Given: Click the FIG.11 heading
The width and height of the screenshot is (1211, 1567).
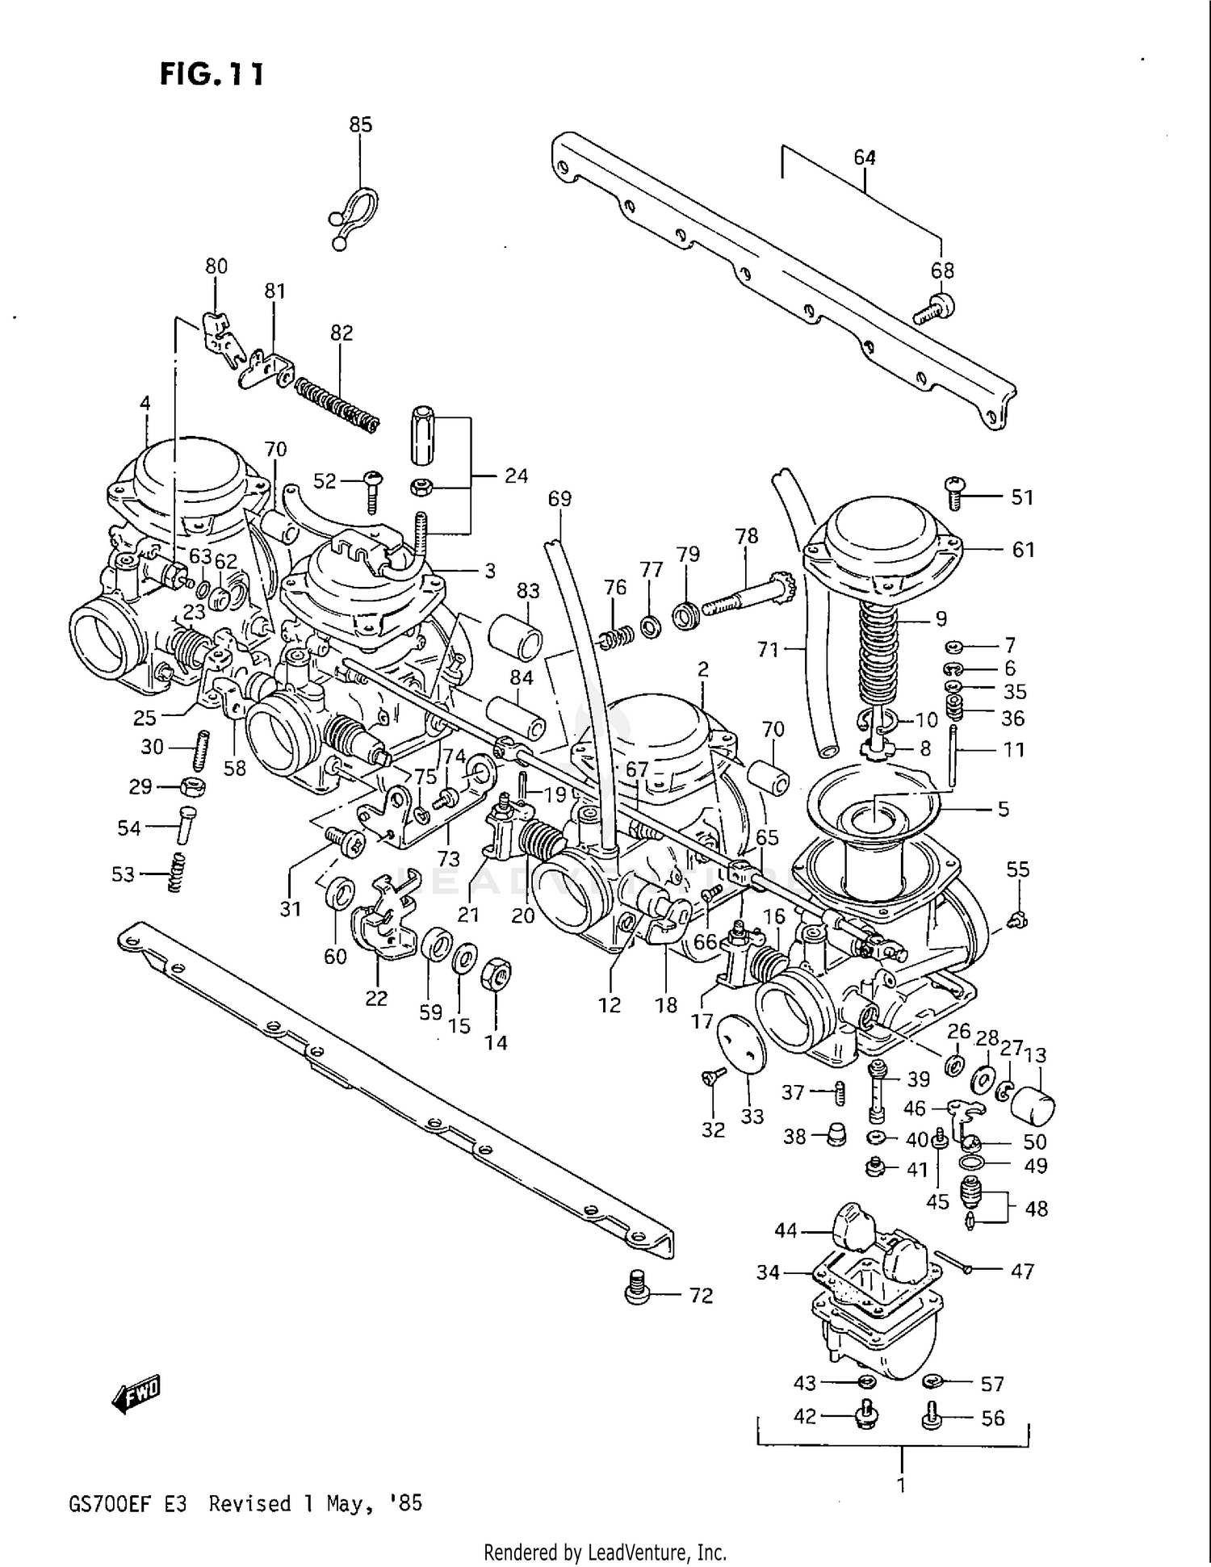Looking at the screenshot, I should point(212,74).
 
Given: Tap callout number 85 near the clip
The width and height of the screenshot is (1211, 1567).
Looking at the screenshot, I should point(360,124).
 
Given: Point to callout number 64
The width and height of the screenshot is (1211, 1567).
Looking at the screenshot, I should point(865,157).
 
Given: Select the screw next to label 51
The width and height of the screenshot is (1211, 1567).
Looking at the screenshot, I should point(953,492).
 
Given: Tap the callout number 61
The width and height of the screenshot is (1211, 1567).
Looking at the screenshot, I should point(1023,549).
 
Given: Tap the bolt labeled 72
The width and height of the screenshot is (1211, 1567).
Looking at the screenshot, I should point(638,1288).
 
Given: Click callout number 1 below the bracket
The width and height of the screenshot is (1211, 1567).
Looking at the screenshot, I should point(900,1485).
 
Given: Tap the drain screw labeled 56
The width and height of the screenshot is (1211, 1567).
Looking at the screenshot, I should point(932,1418).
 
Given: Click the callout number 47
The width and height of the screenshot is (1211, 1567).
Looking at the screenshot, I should point(1022,1272).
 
